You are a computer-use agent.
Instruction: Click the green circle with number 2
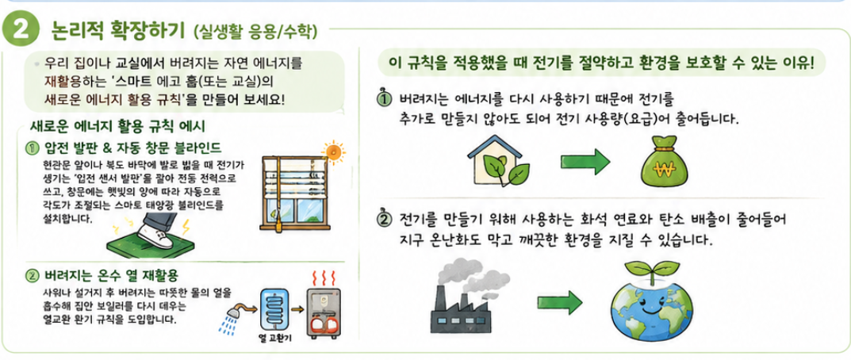[x=21, y=30]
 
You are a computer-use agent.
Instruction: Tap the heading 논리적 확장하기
[x=117, y=30]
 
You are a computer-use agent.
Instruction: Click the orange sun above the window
[x=332, y=151]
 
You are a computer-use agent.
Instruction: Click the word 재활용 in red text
[x=59, y=82]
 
